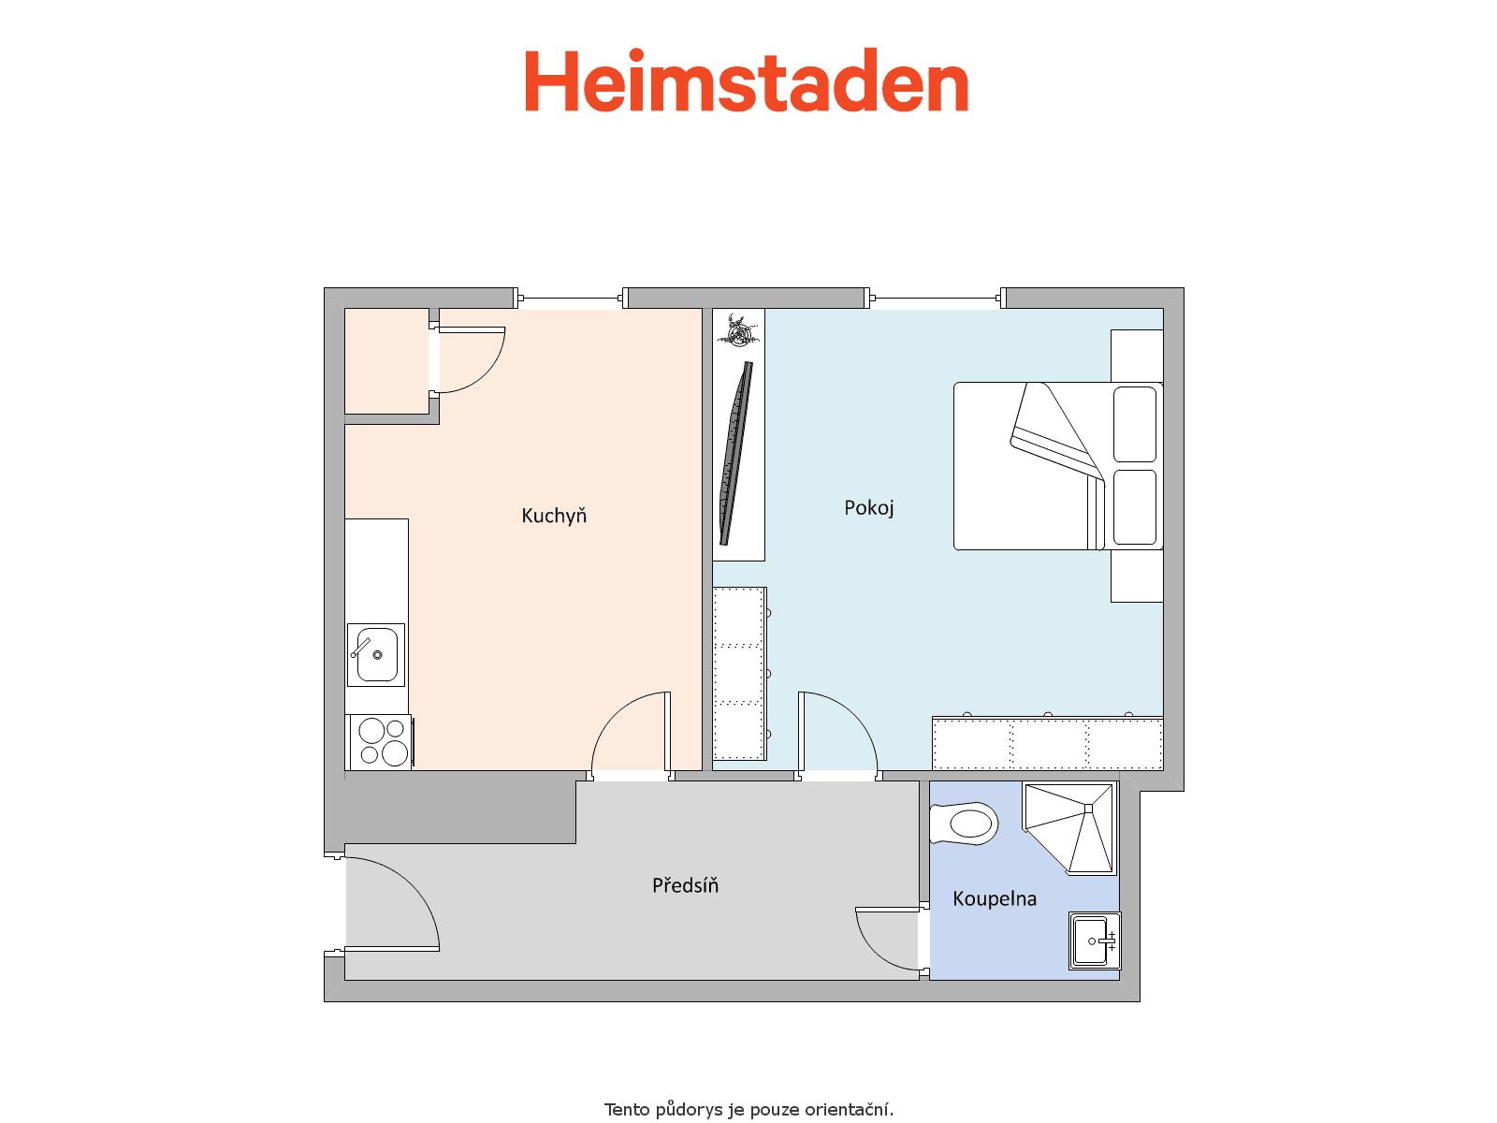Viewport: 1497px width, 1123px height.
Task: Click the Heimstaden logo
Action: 746,80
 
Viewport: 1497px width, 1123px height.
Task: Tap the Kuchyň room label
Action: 554,517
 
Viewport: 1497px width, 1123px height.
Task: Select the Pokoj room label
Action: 868,508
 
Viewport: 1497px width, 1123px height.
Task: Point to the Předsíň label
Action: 685,885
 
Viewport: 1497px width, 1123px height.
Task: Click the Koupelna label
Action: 995,898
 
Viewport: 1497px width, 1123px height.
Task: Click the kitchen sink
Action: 376,654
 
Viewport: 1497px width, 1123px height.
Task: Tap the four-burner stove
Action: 381,742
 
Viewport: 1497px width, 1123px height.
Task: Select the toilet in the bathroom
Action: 963,824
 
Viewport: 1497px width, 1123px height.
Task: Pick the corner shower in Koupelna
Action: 1068,828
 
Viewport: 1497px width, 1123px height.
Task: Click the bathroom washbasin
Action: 1094,941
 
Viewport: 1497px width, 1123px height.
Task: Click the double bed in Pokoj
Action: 1058,466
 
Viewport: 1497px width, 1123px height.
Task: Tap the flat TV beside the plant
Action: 736,454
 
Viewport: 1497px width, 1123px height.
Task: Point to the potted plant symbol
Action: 738,330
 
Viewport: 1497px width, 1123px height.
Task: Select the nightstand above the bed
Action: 1137,356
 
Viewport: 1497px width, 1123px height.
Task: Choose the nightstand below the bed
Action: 1137,576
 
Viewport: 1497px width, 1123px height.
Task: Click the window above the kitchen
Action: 571,298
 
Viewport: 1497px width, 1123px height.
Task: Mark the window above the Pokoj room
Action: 936,298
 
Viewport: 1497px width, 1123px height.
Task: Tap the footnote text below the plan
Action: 748,1109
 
